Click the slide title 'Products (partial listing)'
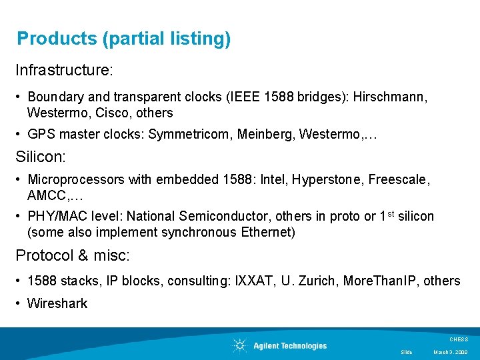[124, 39]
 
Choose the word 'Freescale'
[399, 180]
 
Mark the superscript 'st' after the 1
[391, 214]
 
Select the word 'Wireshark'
[57, 304]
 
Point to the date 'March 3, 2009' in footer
[451, 352]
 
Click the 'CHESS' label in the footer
[459, 339]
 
